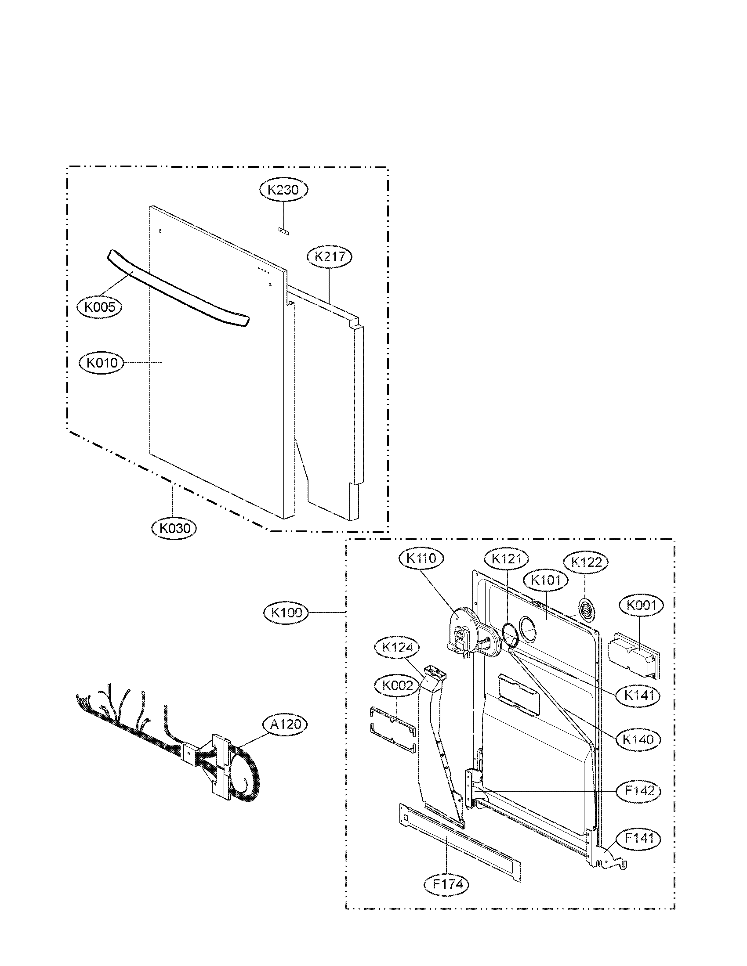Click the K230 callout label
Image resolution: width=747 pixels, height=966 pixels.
[x=283, y=190]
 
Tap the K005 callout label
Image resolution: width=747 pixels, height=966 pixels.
[x=99, y=307]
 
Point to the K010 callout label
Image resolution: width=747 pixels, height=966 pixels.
[x=102, y=363]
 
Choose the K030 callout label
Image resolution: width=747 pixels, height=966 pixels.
[x=174, y=528]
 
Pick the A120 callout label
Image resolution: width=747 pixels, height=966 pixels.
[x=285, y=724]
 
